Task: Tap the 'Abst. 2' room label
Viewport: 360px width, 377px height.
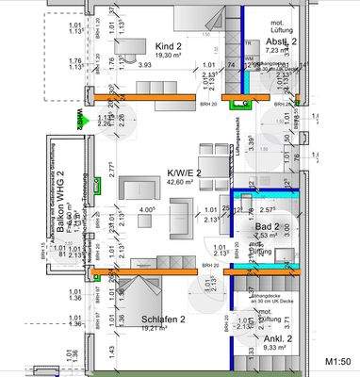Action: coord(282,42)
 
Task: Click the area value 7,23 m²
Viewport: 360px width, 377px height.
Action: coord(282,52)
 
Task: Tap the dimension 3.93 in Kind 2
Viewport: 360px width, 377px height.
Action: coord(145,66)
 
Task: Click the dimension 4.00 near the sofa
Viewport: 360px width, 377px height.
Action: coord(146,211)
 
